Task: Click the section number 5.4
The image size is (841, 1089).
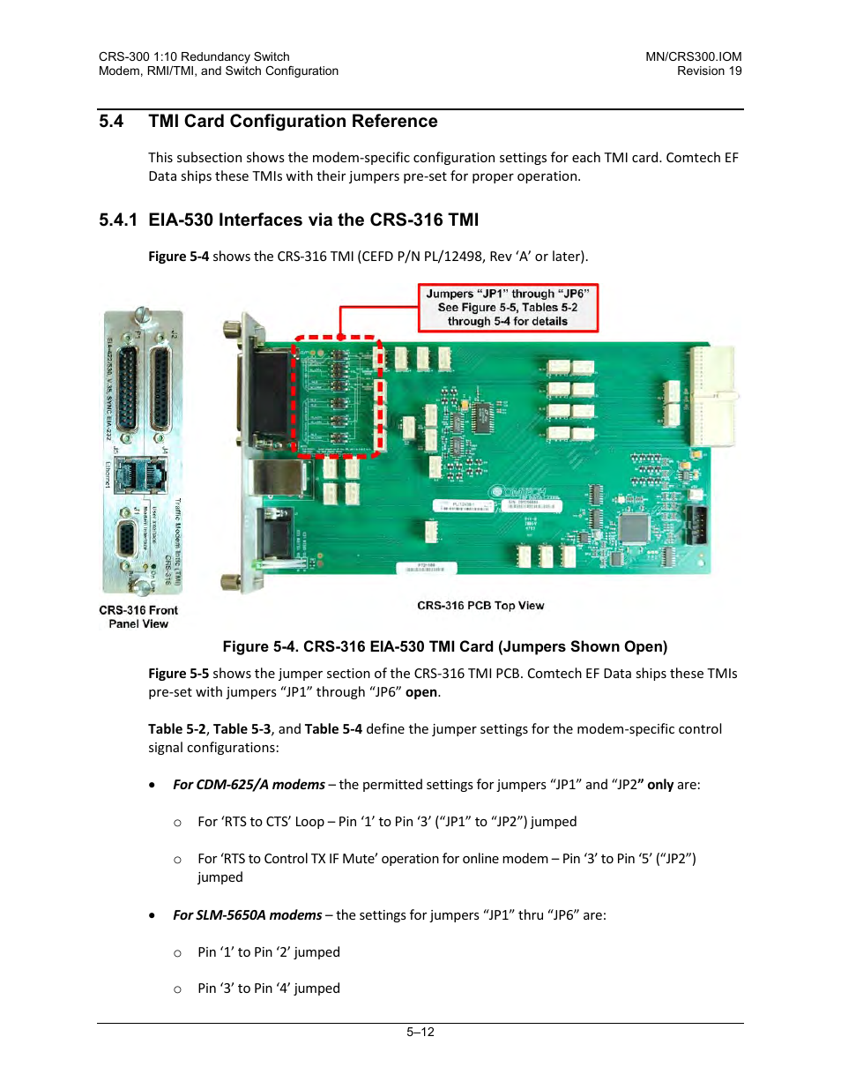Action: click(111, 122)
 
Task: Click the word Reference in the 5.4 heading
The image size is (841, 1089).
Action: click(395, 122)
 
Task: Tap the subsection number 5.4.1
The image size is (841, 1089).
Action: click(118, 220)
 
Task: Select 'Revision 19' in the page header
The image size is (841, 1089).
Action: click(709, 71)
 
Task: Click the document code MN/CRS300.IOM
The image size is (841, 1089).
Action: click(693, 56)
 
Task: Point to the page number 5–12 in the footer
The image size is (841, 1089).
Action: click(420, 1032)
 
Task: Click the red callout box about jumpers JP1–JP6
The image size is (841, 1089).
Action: click(508, 308)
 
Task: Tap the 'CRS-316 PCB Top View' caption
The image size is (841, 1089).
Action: click(480, 606)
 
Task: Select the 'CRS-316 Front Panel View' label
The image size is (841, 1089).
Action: click(138, 616)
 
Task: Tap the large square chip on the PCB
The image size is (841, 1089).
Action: click(634, 526)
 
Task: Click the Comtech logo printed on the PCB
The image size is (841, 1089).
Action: click(520, 492)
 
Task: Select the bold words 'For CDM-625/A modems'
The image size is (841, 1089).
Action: click(249, 785)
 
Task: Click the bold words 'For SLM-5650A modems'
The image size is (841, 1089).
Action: click(247, 915)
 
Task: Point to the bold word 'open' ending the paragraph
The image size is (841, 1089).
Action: click(421, 692)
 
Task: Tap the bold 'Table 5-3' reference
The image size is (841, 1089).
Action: click(242, 729)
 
